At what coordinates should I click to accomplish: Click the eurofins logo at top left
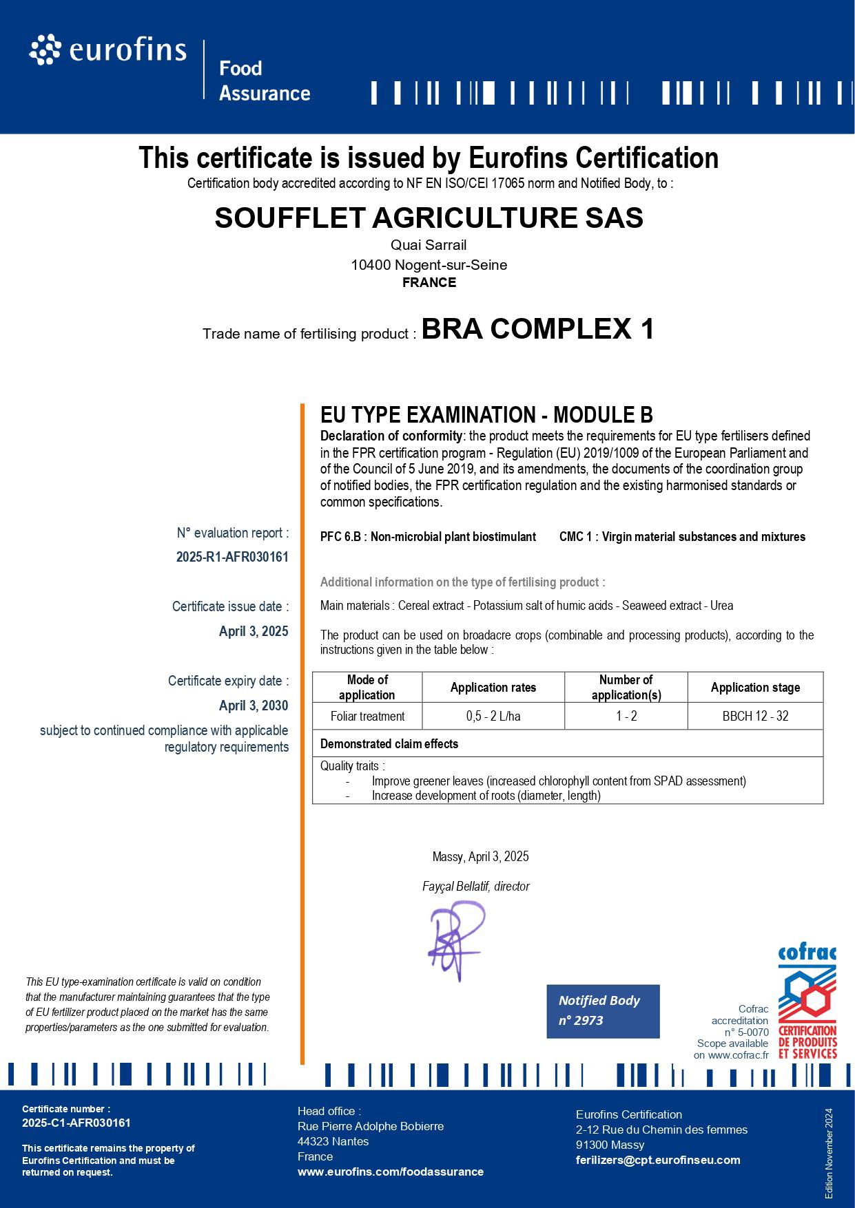click(108, 51)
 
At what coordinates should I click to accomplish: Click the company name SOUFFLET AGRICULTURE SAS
click(429, 218)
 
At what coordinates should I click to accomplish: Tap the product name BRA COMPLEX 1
click(537, 329)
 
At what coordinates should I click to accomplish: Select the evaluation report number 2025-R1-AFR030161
click(232, 557)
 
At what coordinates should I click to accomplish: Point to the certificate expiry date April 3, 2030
click(254, 706)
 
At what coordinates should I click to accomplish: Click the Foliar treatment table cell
click(367, 716)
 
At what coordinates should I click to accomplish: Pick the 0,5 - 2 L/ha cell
click(493, 716)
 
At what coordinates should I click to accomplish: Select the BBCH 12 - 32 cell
click(755, 716)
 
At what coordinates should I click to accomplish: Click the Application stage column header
click(755, 687)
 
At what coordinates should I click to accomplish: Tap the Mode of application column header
click(367, 687)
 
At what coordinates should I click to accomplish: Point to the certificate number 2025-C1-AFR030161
click(76, 1123)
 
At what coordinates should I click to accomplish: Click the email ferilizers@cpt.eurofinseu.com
click(658, 1160)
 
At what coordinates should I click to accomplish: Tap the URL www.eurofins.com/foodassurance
click(391, 1172)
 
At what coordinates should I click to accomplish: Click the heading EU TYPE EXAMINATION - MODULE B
click(486, 415)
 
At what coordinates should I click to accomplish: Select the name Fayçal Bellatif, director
click(475, 887)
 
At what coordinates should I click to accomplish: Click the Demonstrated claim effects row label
click(389, 744)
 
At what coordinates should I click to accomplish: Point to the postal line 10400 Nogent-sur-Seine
click(429, 265)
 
